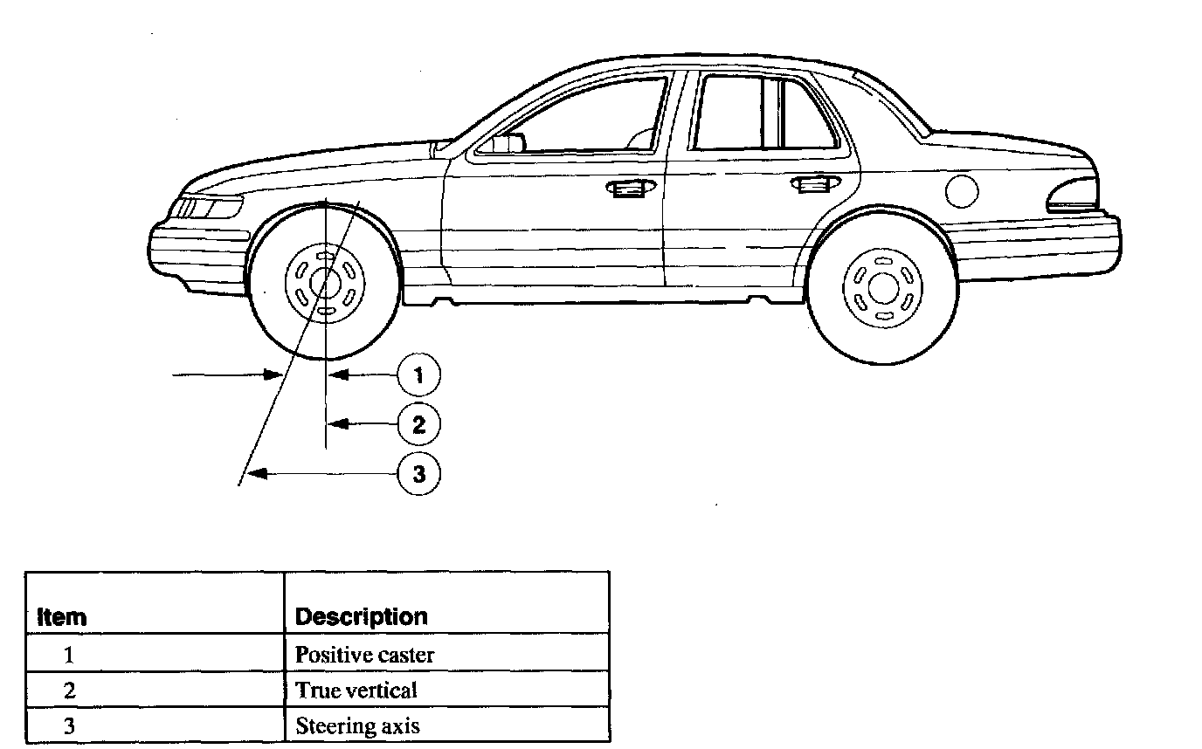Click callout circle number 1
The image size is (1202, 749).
pos(418,375)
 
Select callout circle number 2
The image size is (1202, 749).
pos(418,425)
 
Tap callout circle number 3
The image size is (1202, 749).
pos(418,474)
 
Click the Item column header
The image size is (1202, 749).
pos(62,616)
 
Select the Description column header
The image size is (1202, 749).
pos(361,616)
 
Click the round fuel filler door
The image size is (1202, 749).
pos(961,189)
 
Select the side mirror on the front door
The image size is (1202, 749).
pos(507,143)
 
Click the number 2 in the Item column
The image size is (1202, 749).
pos(69,690)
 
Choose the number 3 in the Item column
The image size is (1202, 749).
pos(69,725)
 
